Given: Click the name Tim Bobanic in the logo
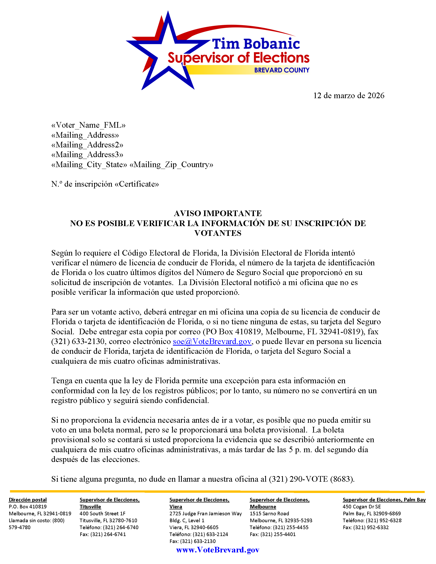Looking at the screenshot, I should [x=256, y=44].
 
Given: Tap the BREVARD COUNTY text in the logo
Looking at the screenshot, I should [x=282, y=70].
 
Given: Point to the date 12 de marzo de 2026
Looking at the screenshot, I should [x=349, y=96].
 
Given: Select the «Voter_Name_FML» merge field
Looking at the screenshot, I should [x=88, y=125].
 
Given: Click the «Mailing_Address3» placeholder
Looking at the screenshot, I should [x=87, y=155].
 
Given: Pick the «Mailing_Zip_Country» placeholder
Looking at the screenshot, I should [x=171, y=165].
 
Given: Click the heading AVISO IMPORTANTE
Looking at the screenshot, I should [x=218, y=213].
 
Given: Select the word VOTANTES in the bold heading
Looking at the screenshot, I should [x=218, y=233].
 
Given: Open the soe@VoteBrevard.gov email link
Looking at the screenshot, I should [x=212, y=341].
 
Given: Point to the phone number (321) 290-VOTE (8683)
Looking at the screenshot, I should [x=312, y=479].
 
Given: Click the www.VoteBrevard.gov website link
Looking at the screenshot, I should [x=217, y=550].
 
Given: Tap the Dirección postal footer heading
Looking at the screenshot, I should [x=28, y=500].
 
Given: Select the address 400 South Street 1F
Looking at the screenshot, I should [x=103, y=513].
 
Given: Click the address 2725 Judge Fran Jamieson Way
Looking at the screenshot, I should [x=206, y=513].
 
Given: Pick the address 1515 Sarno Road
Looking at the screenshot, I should [x=269, y=513].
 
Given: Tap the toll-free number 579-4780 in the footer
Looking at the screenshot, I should [x=20, y=527].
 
